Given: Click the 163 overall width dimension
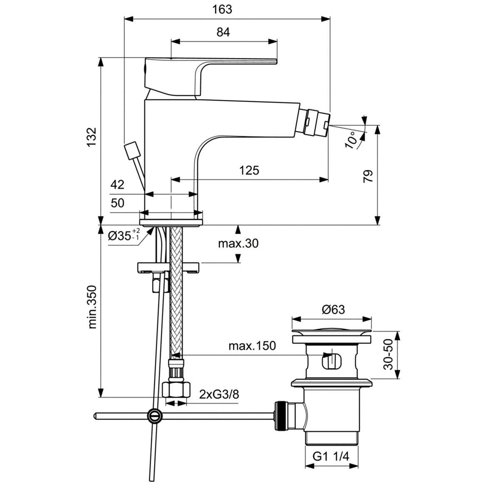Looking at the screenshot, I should [x=222, y=9].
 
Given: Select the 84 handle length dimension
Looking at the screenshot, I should [x=223, y=32].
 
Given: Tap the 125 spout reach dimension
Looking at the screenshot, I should [x=249, y=170].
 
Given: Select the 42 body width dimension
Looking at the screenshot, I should [x=117, y=184].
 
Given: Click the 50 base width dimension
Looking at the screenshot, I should [x=117, y=203].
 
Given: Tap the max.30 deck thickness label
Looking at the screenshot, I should [x=238, y=243].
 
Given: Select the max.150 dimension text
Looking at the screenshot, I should [x=252, y=346].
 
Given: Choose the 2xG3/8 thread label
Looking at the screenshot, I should [x=219, y=394].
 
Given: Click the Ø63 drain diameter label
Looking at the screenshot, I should [x=333, y=309].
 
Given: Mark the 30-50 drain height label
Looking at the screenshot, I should [x=388, y=355].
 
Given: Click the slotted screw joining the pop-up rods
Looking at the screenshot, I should [x=154, y=415].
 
